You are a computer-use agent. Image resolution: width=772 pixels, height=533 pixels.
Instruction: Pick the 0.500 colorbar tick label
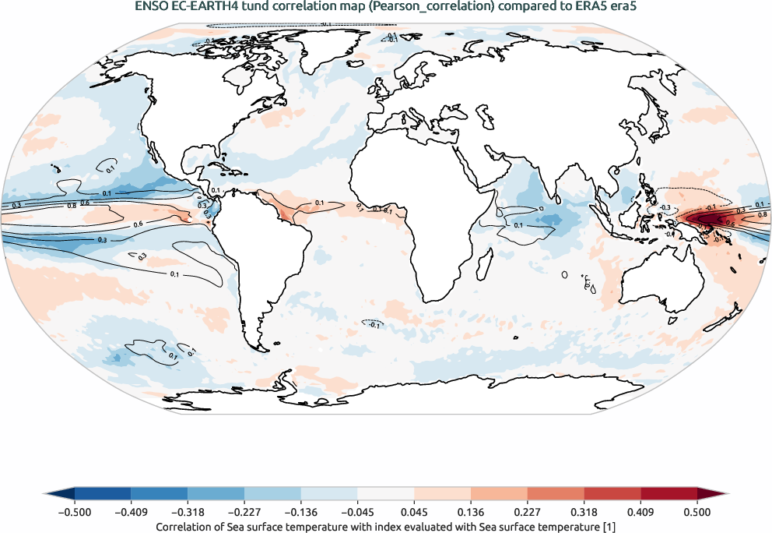point(697,512)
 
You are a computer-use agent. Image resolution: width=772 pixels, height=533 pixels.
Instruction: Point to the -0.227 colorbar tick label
point(244,512)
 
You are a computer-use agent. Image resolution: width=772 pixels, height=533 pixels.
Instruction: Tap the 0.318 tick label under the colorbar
point(584,512)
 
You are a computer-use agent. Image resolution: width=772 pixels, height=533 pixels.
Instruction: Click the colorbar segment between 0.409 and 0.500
point(668,494)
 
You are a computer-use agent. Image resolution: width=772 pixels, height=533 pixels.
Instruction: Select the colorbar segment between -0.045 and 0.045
point(385,494)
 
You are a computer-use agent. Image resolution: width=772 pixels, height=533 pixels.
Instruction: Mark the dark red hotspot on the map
point(709,219)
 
